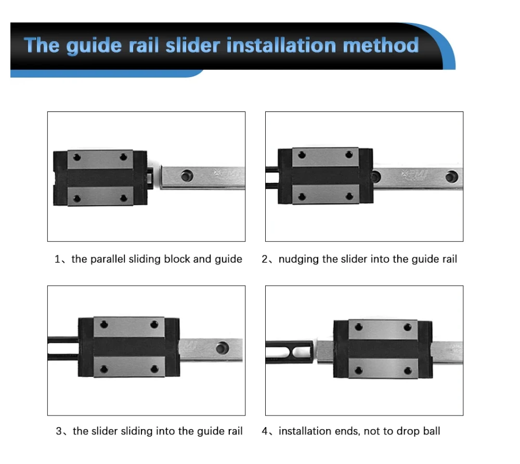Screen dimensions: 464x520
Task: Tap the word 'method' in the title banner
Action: (x=381, y=45)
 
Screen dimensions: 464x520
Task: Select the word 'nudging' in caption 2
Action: (x=298, y=259)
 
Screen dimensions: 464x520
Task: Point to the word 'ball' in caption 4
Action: (x=431, y=431)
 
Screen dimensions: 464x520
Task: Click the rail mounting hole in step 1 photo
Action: (x=186, y=176)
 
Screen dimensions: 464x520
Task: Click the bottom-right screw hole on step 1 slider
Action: (x=124, y=198)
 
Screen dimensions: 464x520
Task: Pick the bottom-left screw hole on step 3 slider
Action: (x=104, y=369)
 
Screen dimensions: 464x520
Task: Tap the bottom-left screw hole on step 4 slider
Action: (x=358, y=370)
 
